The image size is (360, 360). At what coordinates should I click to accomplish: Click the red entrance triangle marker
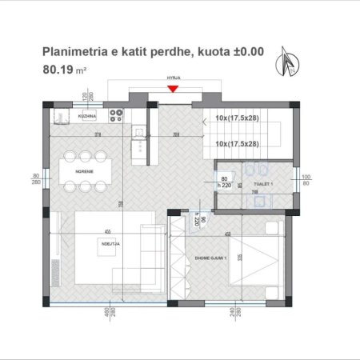173,89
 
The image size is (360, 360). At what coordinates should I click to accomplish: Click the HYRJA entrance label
173,79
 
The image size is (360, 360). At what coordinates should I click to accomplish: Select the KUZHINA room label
86,117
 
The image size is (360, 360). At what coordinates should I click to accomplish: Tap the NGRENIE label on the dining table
83,170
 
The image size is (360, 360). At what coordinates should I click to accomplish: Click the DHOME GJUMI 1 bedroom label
211,258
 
